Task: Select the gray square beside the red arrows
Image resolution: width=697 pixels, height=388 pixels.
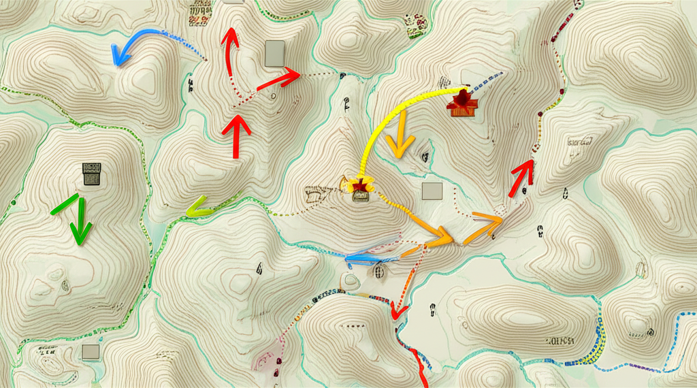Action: coord(274,54)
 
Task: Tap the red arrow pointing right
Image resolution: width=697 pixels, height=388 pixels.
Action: coord(280,79)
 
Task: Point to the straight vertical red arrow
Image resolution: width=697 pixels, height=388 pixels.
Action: coord(236,136)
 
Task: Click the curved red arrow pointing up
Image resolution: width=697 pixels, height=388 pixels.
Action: coord(229,51)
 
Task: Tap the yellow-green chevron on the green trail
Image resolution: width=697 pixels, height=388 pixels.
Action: coord(197,206)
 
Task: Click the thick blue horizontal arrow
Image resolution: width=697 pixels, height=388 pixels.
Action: coord(364,258)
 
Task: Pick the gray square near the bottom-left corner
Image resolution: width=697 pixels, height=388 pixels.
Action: coord(91,351)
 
